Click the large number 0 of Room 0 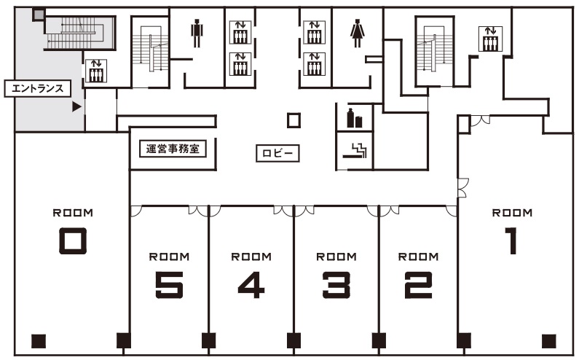[73, 240]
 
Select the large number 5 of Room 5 [169, 285]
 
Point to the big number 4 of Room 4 [251, 285]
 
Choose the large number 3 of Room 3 [336, 285]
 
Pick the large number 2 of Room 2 [418, 285]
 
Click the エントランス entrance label [37, 89]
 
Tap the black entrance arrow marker [76, 107]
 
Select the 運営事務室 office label [173, 149]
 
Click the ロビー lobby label [277, 153]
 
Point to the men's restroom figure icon [197, 34]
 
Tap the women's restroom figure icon [357, 34]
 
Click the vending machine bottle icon [354, 118]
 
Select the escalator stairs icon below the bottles [355, 150]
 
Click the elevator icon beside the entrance [96, 71]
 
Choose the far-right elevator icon [490, 39]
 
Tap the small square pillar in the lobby [294, 120]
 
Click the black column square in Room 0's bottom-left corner [39, 341]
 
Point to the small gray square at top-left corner [38, 15]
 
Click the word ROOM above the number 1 [512, 213]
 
